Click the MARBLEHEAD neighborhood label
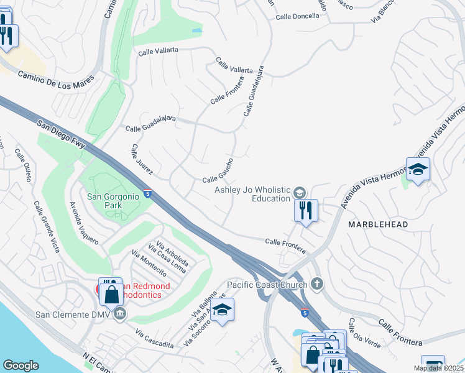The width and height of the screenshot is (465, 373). tap(378, 224)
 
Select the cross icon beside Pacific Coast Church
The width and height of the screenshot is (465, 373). tap(317, 285)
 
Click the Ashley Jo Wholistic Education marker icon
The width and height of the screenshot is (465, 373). tap(300, 191)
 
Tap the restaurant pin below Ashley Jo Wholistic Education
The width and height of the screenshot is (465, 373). tap(306, 210)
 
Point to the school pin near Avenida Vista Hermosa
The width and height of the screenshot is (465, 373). tap(418, 169)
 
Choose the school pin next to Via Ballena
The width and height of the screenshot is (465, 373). tap(222, 310)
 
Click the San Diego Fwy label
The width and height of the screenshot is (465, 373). tap(61, 133)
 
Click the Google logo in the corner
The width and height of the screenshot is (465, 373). tap(21, 365)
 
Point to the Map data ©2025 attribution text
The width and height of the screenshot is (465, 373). tap(439, 368)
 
